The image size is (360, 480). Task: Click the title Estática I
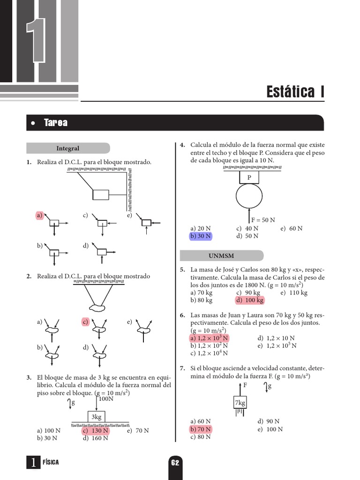[x=295, y=91]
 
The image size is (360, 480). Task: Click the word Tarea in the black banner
[x=55, y=123]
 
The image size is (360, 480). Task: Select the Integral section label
[x=68, y=148]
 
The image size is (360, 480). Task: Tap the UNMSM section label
[x=221, y=255]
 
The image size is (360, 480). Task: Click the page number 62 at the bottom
[x=175, y=463]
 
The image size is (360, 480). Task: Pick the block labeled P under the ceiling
[x=249, y=177]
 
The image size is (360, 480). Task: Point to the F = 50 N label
[x=263, y=219]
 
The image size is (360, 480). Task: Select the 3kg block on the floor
[x=97, y=417]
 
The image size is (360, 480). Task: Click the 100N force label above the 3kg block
[x=106, y=398]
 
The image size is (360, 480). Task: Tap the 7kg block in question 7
[x=240, y=403]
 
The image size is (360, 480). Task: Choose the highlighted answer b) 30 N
[x=201, y=236]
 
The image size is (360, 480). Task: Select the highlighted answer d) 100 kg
[x=250, y=300]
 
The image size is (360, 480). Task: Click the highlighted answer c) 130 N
[x=96, y=430]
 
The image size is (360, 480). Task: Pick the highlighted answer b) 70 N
[x=201, y=429]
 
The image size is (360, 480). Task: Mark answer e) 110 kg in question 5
[x=294, y=292]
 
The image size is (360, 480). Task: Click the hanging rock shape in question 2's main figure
[x=98, y=307]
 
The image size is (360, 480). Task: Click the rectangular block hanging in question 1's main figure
[x=100, y=194]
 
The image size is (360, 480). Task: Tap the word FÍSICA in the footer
[x=51, y=462]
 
